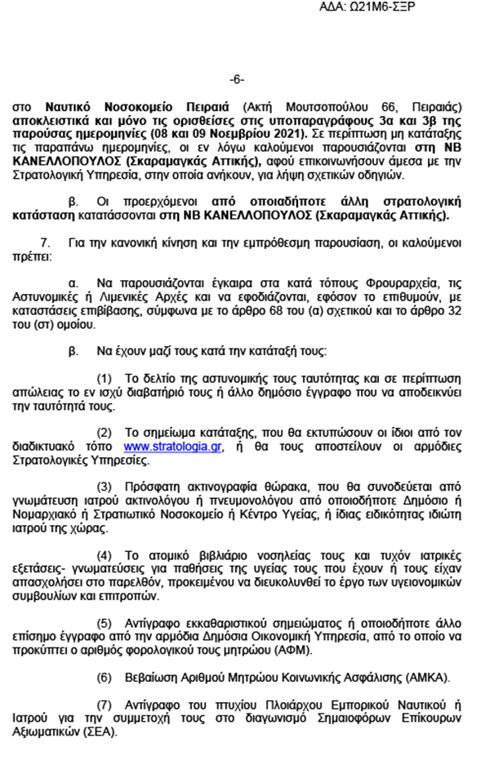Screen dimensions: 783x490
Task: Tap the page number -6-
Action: coord(237,79)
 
